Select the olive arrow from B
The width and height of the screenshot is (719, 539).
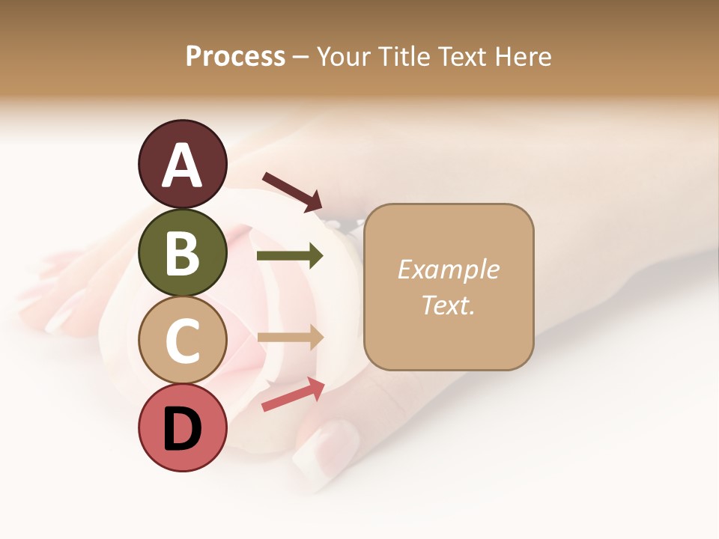(290, 256)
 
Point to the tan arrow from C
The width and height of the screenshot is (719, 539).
(290, 338)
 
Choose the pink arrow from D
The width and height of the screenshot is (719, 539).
(293, 395)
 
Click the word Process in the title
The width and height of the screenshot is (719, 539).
(235, 56)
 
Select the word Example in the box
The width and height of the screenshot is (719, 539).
(448, 269)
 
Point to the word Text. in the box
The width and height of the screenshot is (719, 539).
(448, 305)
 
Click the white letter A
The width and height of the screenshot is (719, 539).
(182, 165)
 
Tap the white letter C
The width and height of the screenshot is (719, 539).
(182, 341)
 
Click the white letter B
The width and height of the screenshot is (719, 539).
(182, 253)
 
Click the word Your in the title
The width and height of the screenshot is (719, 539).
(345, 56)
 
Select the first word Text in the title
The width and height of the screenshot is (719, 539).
(462, 56)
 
